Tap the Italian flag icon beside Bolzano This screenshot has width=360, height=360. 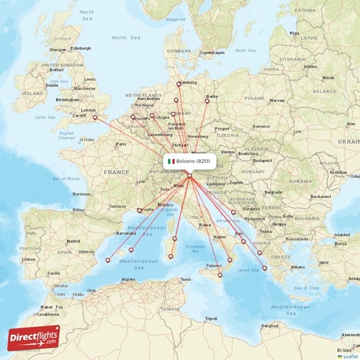tap(171, 161)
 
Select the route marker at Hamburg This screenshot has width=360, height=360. tap(179, 84)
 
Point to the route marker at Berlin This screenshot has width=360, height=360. tap(207, 100)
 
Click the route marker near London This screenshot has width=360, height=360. tap(94, 117)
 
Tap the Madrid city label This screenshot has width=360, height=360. tap(73, 241)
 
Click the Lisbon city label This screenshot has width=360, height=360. tap(28, 258)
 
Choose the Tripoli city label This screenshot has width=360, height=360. tap(210, 318)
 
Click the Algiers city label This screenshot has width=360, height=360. tap(129, 279)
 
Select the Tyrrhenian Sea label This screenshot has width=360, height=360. tap(194, 248)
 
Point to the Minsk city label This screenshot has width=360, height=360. tap(328, 78)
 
